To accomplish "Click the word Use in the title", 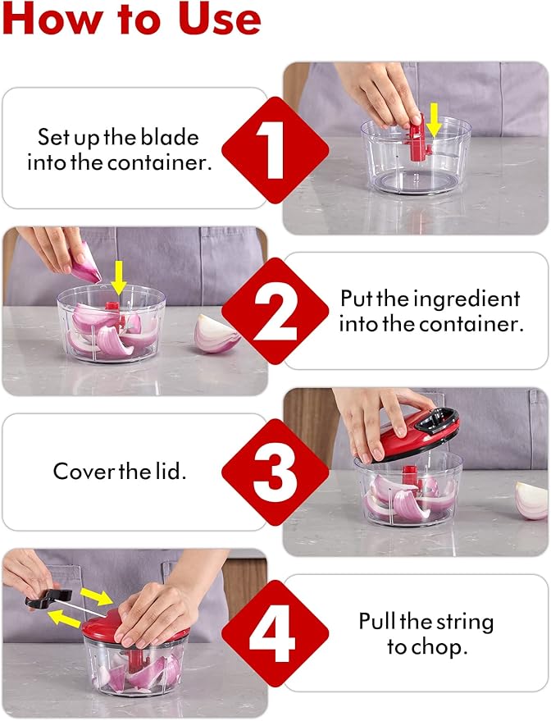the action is [x=220, y=19].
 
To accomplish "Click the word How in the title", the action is [x=52, y=19].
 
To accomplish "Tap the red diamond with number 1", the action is [x=275, y=150].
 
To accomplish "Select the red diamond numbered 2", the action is [x=275, y=311].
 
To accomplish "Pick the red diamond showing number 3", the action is [x=275, y=472].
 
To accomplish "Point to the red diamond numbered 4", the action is [x=275, y=633].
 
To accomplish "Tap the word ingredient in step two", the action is [x=467, y=300].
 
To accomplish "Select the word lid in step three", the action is [x=171, y=471].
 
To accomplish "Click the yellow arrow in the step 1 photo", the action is [x=434, y=120].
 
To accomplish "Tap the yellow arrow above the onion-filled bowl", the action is [x=119, y=277].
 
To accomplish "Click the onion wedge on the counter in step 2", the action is [x=216, y=334].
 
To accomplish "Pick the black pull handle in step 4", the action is [x=48, y=598].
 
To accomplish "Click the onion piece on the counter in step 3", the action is [x=531, y=500].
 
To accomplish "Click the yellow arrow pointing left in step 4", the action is [x=65, y=619].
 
